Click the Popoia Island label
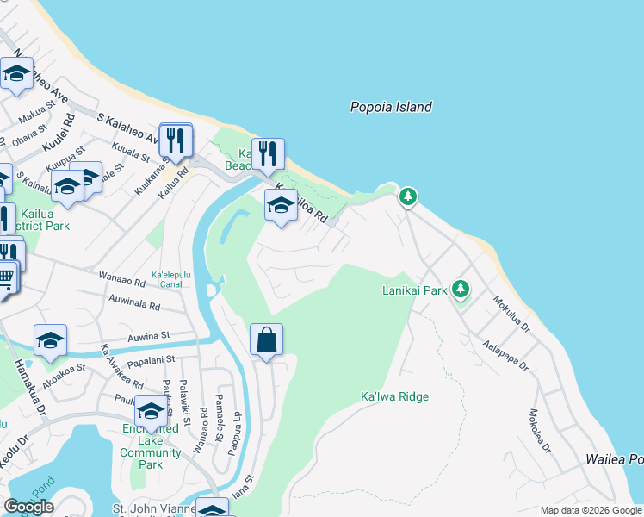pyautogui.click(x=391, y=108)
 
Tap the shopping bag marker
pyautogui.click(x=267, y=339)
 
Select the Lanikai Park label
pyautogui.click(x=414, y=290)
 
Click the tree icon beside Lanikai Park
pyautogui.click(x=461, y=288)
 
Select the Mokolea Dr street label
pyautogui.click(x=539, y=431)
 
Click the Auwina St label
pyautogui.click(x=149, y=336)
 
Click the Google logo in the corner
pyautogui.click(x=28, y=507)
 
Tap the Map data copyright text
pyautogui.click(x=591, y=510)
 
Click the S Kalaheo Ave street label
pyautogui.click(x=127, y=128)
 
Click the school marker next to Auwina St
pyautogui.click(x=50, y=340)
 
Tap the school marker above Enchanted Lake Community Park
pyautogui.click(x=152, y=411)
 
